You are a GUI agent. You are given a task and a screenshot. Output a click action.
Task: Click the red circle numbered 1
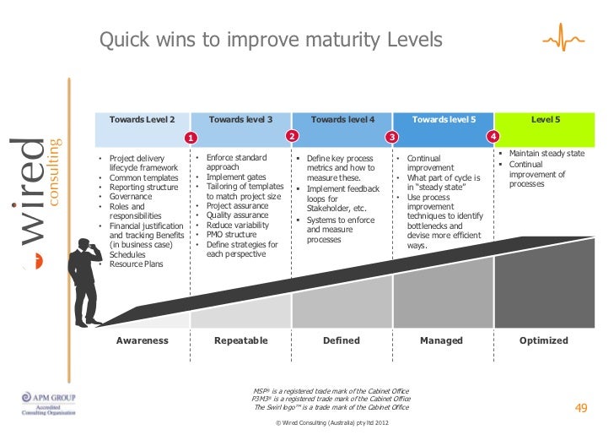[x=191, y=137]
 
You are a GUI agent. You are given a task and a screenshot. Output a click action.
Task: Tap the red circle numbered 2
[x=292, y=136]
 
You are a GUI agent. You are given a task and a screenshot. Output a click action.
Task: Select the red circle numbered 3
[x=391, y=137]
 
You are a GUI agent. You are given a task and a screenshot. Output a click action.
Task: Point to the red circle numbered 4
[x=493, y=136]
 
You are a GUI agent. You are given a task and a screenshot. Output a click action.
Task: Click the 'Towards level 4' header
[x=342, y=120]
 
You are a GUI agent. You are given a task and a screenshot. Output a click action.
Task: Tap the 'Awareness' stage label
[x=142, y=340]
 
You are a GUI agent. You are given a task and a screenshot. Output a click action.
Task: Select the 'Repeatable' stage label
[x=241, y=340]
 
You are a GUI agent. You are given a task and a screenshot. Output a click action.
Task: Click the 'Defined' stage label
[x=342, y=340]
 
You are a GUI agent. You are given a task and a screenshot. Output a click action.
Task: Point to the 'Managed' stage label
[x=442, y=340]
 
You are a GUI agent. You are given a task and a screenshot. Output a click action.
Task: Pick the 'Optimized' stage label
[x=544, y=340]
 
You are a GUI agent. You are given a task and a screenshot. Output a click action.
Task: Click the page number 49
[x=580, y=409]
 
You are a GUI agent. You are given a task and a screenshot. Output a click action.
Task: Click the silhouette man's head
[x=83, y=246]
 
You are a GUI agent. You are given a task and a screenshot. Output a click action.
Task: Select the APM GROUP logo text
[x=55, y=396]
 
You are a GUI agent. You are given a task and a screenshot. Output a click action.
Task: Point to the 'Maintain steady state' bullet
[x=544, y=154]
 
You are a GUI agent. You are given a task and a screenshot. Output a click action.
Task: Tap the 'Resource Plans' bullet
[x=136, y=264]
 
